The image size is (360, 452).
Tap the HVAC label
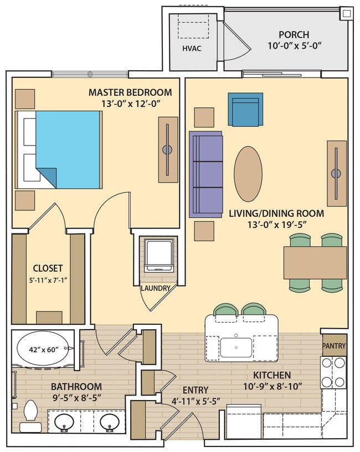point(192,49)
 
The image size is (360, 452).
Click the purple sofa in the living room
point(205,174)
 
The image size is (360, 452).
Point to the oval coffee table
point(248,174)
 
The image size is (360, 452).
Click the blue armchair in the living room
point(245,110)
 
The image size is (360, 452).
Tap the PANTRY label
point(334,346)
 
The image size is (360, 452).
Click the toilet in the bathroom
point(30,416)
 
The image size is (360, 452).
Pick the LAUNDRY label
point(156,288)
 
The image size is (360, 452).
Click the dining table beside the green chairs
point(315,262)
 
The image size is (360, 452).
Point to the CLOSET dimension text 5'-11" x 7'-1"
point(47,279)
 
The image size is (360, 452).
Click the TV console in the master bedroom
point(167,150)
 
